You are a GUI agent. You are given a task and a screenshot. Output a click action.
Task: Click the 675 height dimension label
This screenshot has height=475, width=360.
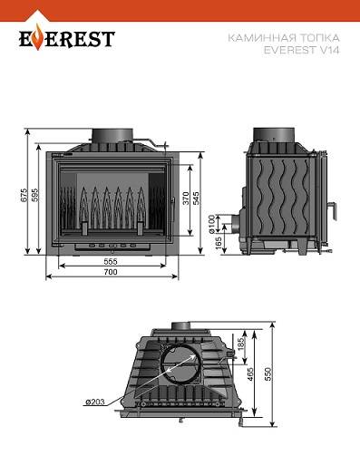(x=24, y=196)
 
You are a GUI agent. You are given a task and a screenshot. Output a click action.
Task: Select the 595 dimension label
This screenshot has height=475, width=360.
(x=34, y=196)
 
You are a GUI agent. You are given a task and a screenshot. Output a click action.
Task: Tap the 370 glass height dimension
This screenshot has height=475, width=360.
(x=186, y=199)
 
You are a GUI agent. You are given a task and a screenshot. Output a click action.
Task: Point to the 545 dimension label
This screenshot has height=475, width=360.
(x=196, y=199)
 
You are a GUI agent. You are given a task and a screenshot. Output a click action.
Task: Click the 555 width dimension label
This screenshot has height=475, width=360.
(x=111, y=261)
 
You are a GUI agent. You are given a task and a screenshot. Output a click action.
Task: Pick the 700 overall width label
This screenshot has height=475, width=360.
(x=111, y=272)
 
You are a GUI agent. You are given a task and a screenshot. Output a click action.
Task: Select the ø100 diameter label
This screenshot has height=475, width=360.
(x=212, y=224)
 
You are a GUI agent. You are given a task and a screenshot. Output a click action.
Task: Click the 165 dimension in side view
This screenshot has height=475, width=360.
(x=219, y=243)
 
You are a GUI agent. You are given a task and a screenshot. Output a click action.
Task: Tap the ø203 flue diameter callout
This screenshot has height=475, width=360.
(x=95, y=402)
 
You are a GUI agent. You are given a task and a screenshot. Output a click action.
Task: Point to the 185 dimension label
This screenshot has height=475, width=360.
(x=241, y=344)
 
